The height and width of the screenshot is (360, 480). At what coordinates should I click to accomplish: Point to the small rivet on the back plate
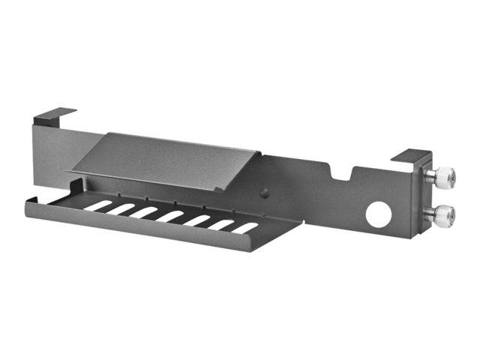pyautogui.click(x=263, y=193)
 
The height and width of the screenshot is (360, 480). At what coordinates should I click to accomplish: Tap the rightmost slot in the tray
pyautogui.click(x=244, y=227)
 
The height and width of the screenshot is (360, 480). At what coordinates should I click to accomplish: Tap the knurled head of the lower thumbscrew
pyautogui.click(x=448, y=214)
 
